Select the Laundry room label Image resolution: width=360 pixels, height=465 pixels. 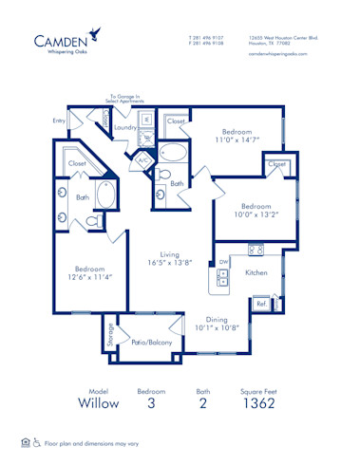[124, 126]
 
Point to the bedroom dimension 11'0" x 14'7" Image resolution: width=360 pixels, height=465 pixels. [237, 139]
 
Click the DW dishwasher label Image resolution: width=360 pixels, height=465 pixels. [223, 261]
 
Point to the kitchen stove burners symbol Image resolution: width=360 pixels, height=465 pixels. [255, 250]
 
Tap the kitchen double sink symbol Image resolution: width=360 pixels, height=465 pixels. [222, 278]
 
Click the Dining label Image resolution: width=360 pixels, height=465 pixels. [218, 320]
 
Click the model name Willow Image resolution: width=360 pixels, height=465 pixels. [100, 402]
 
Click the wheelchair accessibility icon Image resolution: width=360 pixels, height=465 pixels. [37, 442]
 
